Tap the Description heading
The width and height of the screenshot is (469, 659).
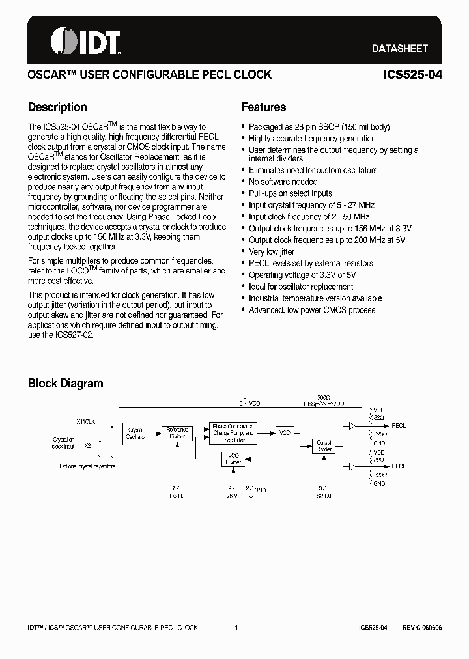click(57, 107)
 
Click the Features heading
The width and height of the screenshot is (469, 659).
click(263, 107)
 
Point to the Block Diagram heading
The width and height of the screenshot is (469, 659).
click(65, 384)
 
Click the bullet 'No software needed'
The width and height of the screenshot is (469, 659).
click(283, 182)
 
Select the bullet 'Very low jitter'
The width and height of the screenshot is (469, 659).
click(272, 251)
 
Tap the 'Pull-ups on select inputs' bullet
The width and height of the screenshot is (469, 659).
click(290, 193)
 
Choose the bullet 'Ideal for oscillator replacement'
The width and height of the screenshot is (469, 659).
click(301, 287)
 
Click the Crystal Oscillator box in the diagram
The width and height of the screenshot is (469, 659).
click(136, 433)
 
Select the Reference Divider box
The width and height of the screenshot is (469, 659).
click(177, 433)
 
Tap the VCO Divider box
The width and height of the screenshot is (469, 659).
click(233, 459)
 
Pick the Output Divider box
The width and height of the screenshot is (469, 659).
click(324, 446)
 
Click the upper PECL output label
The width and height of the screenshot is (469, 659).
click(398, 426)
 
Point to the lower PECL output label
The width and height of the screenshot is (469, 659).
click(398, 466)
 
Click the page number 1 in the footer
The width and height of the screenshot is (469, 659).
click(236, 628)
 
